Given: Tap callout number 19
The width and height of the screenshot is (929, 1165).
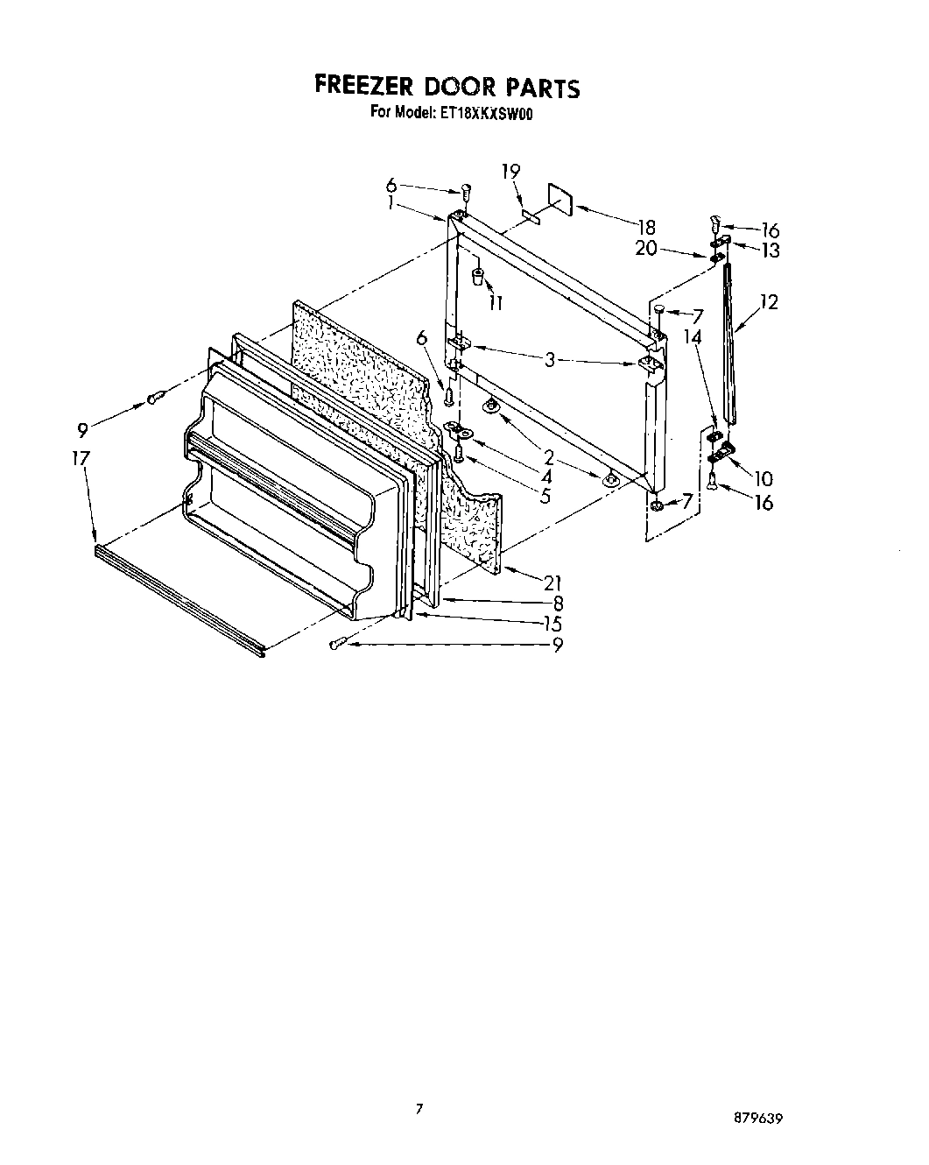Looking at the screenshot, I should [511, 172].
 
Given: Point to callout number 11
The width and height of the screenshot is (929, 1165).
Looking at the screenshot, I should [496, 303].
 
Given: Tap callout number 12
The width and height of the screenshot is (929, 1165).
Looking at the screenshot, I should [769, 302].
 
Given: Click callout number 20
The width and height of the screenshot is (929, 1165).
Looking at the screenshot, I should [646, 248].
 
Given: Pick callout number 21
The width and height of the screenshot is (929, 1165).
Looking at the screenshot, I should [552, 582].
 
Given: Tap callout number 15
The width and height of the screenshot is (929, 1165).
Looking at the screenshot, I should [552, 624].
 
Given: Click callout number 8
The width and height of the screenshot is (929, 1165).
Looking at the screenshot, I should [558, 603].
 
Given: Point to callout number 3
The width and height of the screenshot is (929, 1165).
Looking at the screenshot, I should [550, 358].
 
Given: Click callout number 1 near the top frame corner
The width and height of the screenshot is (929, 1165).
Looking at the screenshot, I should [390, 201].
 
